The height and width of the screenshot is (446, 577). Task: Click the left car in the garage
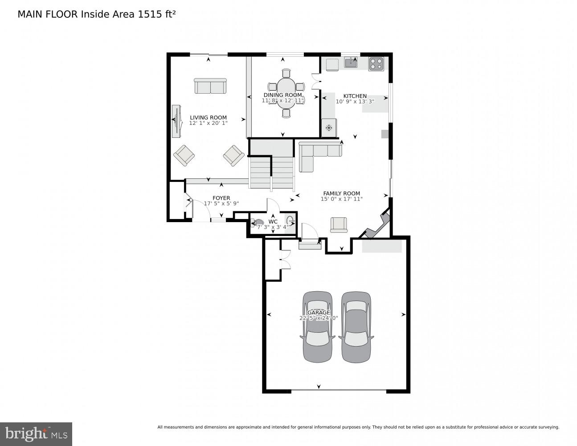(317, 326)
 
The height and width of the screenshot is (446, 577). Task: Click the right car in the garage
(356, 326)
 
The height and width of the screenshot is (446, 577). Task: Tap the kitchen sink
(351, 63)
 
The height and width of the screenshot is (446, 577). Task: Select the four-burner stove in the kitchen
(376, 64)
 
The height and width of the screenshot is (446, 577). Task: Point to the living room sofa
(210, 86)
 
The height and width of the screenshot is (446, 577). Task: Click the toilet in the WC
(258, 223)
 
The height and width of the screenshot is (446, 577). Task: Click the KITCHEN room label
(355, 96)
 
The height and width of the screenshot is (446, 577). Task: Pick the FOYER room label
(221, 198)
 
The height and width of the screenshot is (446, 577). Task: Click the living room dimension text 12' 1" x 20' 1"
(208, 123)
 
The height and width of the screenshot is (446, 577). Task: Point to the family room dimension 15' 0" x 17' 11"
(341, 199)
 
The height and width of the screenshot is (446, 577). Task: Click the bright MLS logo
(36, 434)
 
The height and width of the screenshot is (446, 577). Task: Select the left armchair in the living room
(184, 155)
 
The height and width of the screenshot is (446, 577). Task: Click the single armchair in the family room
(339, 224)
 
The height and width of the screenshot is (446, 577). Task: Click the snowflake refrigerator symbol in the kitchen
(329, 128)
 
